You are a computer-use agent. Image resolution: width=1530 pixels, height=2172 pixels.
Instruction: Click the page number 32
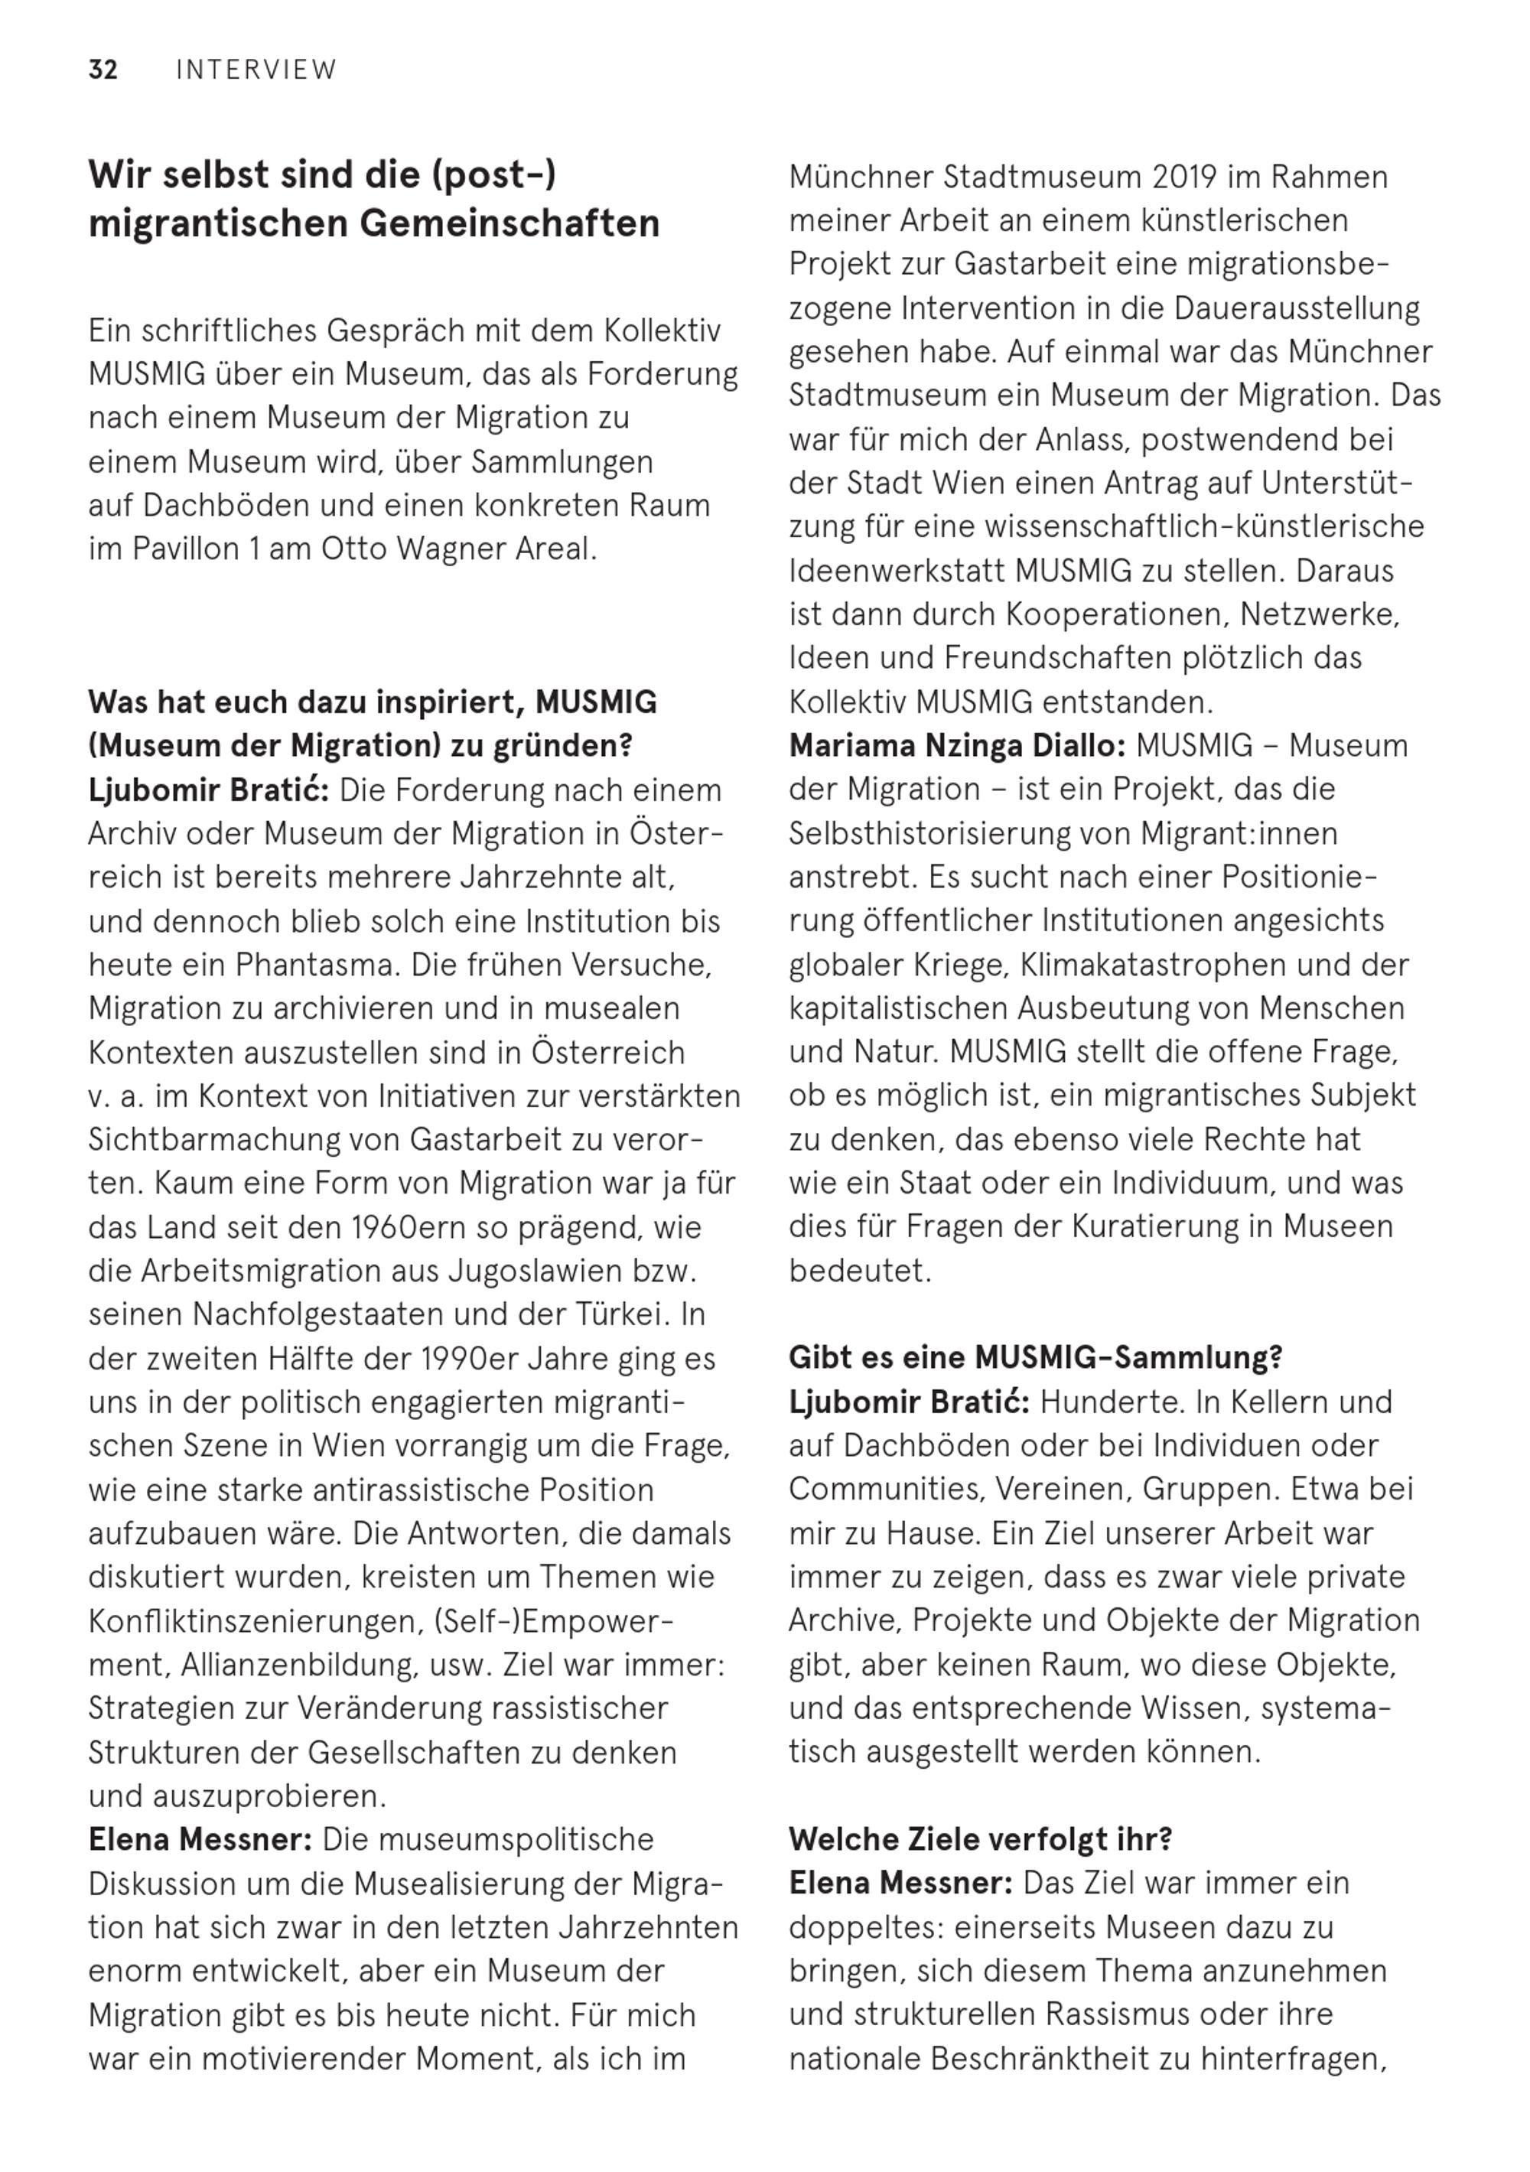click(x=103, y=70)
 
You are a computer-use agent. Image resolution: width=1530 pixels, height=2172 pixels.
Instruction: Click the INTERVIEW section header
click(x=256, y=70)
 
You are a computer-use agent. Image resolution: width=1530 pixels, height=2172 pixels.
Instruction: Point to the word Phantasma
click(x=304, y=965)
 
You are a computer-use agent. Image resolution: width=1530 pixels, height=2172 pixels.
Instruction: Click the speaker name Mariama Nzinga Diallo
click(x=956, y=745)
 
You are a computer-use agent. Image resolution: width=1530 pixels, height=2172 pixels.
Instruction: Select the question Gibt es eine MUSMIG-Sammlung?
click(x=1035, y=1357)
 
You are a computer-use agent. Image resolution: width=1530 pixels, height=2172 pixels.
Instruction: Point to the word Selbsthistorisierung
click(x=958, y=833)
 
